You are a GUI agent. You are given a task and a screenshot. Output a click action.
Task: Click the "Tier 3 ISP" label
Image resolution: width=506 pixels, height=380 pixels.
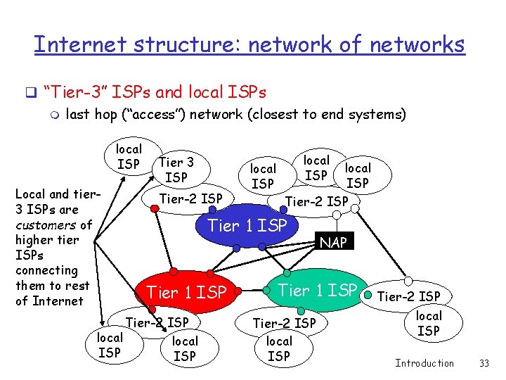[x=176, y=170]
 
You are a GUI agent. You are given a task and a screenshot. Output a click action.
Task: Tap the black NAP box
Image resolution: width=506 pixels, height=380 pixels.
[x=334, y=243]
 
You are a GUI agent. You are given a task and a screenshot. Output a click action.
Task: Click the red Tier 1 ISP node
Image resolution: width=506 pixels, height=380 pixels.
[x=186, y=291]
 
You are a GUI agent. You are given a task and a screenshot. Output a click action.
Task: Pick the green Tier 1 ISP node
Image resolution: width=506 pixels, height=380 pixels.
[x=318, y=289]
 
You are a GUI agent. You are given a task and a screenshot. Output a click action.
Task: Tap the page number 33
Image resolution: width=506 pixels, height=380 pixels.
[x=483, y=363]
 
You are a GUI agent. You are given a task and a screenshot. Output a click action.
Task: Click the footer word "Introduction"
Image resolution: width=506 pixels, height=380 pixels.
[x=424, y=363]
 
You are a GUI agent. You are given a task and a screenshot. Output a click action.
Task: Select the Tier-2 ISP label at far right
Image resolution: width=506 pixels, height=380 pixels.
[x=409, y=296]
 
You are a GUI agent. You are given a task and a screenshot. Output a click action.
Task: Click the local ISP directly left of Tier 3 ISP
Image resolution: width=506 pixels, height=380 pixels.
[x=129, y=156]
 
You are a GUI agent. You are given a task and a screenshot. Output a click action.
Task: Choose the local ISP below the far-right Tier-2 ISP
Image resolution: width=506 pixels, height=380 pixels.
[x=429, y=323]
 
